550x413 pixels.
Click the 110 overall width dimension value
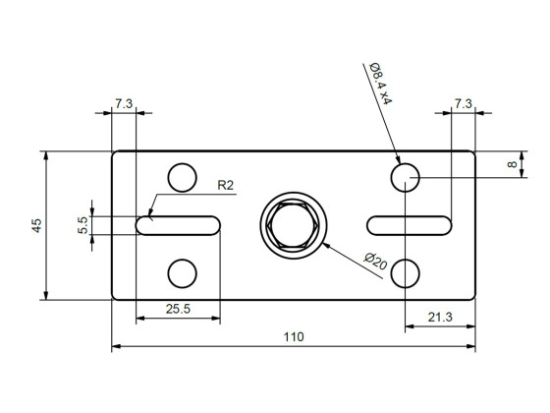(294, 337)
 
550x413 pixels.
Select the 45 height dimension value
(36, 225)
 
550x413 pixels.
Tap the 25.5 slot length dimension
(178, 309)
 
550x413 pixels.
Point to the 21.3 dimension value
(440, 316)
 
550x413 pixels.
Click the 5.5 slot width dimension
(83, 225)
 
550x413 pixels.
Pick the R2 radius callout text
(225, 184)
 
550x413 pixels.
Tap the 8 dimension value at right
(513, 164)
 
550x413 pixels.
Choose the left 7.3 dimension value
(124, 103)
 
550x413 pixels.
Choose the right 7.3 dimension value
(464, 103)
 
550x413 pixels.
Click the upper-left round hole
(182, 178)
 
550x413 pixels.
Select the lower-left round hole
(182, 272)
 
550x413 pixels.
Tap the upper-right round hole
(406, 178)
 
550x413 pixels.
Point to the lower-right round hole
(406, 272)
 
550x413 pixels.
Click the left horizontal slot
(178, 225)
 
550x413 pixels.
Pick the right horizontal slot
(410, 225)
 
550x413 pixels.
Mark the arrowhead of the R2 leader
(150, 213)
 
